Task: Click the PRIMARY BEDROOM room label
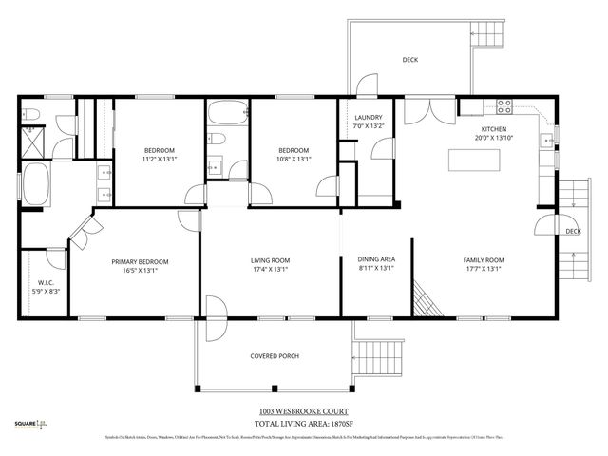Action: pos(140,261)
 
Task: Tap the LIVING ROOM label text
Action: pos(270,260)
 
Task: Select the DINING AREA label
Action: pos(375,260)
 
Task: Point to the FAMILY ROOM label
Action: pos(483,260)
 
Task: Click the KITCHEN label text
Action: pos(493,129)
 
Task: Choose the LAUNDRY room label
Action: pos(367,117)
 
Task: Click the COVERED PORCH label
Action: pos(275,355)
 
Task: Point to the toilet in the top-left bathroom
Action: pos(32,116)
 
